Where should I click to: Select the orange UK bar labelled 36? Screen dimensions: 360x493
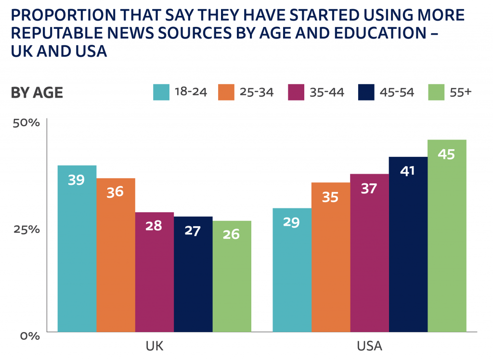tap(116, 255)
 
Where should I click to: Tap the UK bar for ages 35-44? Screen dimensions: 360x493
tap(155, 272)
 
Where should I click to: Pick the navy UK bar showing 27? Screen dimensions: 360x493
tap(193, 274)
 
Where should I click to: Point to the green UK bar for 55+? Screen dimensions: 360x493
tap(232, 276)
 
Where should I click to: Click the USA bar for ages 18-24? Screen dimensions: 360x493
tap(292, 270)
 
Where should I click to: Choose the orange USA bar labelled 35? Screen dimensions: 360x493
tap(330, 257)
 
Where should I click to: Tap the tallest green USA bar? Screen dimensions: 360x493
tap(447, 236)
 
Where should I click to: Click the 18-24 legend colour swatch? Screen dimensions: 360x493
tap(161, 92)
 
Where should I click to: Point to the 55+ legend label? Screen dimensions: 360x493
tap(459, 92)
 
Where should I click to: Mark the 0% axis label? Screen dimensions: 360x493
tap(29, 335)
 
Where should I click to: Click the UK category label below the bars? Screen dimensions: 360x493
tap(155, 346)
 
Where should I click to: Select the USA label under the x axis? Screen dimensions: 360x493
tap(369, 346)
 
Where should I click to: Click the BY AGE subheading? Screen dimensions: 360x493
tap(37, 92)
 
